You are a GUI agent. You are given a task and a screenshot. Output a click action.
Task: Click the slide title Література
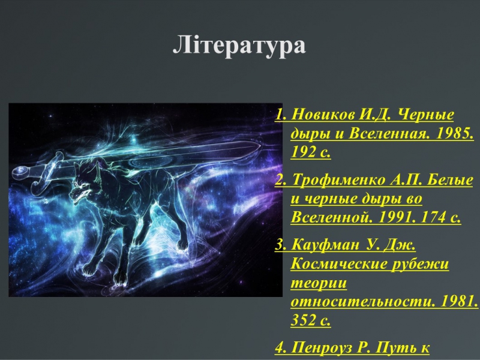[239, 46]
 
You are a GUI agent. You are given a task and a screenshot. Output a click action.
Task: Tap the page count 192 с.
[310, 152]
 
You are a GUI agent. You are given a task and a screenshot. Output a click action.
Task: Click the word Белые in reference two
[449, 179]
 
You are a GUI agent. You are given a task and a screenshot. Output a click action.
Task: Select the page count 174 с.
[441, 217]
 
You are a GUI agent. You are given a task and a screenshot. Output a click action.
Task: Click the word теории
[319, 283]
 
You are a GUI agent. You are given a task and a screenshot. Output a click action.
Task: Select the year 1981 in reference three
[459, 302]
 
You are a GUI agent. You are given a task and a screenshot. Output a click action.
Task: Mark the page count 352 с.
[310, 320]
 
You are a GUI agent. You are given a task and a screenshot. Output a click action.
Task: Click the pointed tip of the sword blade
[261, 146]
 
